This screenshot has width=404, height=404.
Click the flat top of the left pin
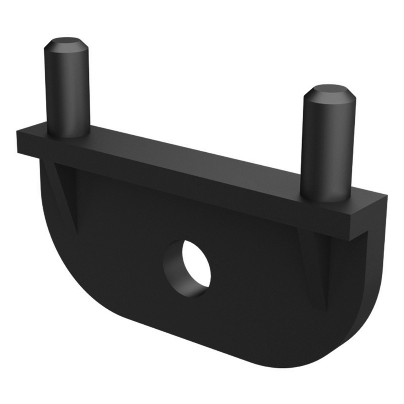pyautogui.click(x=66, y=42)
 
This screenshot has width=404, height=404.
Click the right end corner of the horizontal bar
pyautogui.click(x=384, y=197)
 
